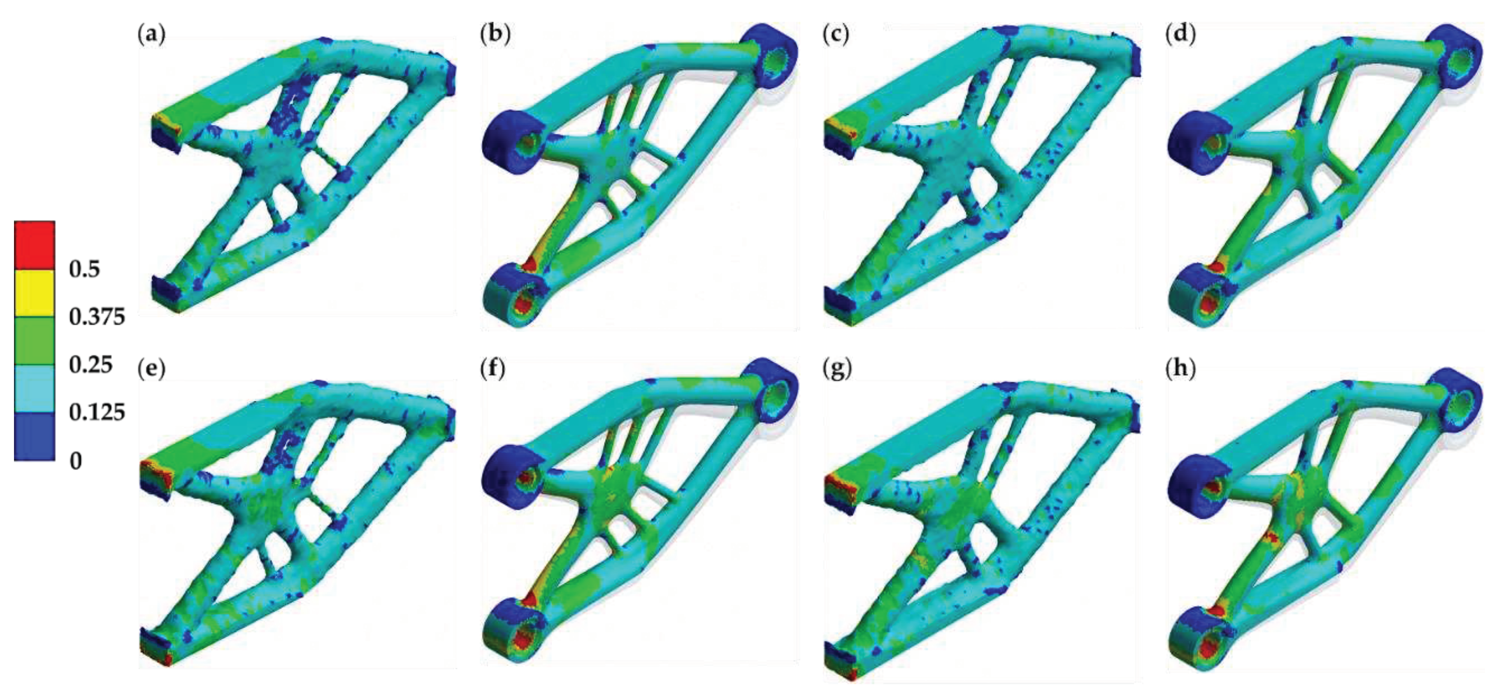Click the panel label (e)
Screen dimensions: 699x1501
[151, 368]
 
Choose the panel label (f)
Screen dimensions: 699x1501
[493, 368]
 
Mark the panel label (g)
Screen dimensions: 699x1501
[837, 368]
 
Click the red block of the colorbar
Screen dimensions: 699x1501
[35, 245]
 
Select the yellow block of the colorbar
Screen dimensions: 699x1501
[35, 293]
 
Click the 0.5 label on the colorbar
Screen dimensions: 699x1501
[84, 269]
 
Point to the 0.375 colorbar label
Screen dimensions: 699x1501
[97, 317]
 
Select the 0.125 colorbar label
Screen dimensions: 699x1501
[97, 412]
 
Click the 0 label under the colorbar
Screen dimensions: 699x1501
[76, 461]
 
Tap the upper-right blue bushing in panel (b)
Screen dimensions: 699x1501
[769, 56]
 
